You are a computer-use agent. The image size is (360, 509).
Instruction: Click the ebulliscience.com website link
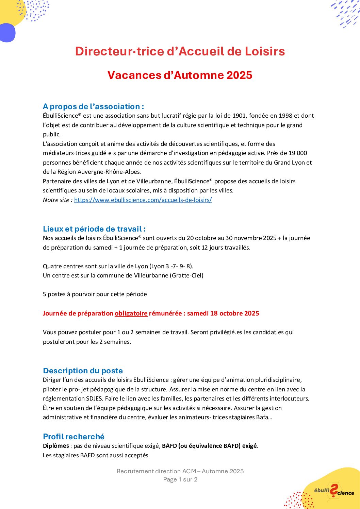click(143, 200)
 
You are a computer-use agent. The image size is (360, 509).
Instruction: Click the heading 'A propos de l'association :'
click(93, 106)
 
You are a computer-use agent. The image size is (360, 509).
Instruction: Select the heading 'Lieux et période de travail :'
click(94, 229)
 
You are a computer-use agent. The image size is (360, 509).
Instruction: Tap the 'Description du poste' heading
click(83, 371)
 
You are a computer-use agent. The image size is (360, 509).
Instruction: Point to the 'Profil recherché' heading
click(73, 437)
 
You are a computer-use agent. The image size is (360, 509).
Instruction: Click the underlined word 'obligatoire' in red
click(131, 313)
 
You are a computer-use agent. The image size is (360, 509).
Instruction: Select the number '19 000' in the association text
click(298, 153)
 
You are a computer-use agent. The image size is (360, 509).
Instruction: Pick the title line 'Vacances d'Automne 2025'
click(180, 75)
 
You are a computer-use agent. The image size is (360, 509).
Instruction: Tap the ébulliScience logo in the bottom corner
click(333, 491)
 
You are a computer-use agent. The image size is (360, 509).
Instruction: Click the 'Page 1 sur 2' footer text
click(180, 479)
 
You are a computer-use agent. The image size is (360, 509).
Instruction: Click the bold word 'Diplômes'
click(56, 446)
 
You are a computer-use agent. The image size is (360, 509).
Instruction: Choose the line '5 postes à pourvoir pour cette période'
click(95, 294)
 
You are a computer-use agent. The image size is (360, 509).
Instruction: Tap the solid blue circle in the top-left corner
click(7, 33)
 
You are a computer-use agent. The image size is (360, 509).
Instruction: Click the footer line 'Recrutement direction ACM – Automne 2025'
click(180, 471)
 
